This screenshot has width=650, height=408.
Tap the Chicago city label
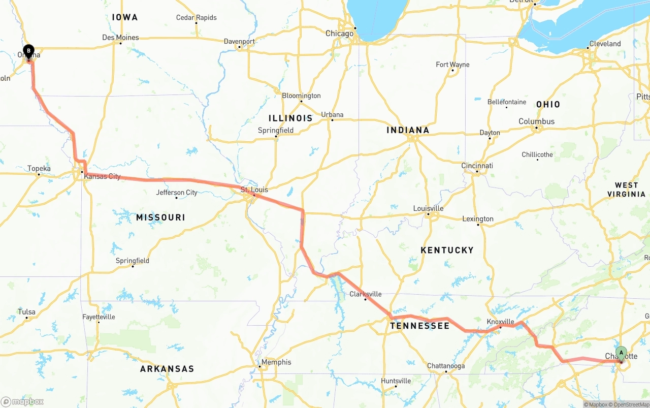click(x=339, y=34)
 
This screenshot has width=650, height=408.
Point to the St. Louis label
click(x=254, y=190)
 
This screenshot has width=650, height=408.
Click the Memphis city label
click(x=276, y=362)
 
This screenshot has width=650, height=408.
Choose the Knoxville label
click(x=500, y=322)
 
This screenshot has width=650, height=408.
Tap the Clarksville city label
click(x=365, y=294)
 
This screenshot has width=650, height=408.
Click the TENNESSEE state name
click(x=419, y=326)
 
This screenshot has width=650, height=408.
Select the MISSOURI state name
click(x=160, y=217)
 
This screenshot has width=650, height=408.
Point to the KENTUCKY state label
click(x=447, y=250)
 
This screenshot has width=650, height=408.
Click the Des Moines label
click(x=120, y=38)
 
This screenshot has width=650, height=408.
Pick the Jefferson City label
click(x=177, y=193)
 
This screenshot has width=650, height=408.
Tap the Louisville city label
click(x=428, y=208)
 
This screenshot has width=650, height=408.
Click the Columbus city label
click(x=536, y=121)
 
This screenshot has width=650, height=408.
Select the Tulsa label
click(x=26, y=312)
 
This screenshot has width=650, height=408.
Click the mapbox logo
click(x=22, y=401)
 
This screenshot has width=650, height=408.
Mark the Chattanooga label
click(x=446, y=366)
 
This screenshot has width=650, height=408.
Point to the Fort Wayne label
click(x=452, y=65)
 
